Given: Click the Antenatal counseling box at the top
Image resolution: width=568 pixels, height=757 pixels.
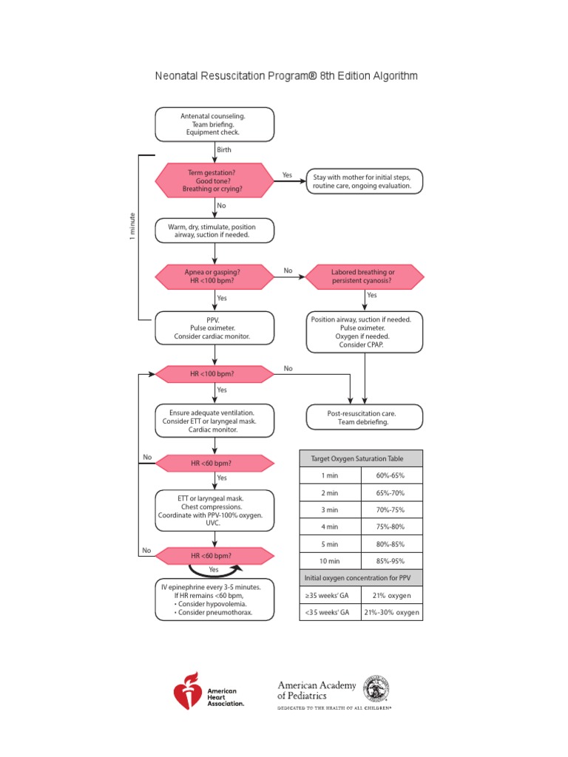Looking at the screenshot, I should tap(214, 124).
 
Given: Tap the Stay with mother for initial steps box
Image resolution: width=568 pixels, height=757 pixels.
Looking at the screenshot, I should tap(366, 181).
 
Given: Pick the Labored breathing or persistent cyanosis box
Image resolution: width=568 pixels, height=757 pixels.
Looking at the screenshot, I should tap(365, 277).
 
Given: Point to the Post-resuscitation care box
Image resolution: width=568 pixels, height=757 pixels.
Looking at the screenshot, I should tap(365, 417).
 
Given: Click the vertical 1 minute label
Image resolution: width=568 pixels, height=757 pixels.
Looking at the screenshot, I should tap(132, 226).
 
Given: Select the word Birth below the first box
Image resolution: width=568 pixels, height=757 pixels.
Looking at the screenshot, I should tap(224, 149).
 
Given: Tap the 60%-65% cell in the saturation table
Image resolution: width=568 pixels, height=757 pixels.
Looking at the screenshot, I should tap(391, 475).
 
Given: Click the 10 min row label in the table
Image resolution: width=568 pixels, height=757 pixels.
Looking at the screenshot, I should tap(329, 561).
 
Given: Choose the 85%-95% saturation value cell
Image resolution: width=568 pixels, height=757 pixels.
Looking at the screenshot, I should tap(391, 561).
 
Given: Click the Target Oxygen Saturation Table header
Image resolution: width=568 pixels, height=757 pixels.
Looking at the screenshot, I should tap(361, 458).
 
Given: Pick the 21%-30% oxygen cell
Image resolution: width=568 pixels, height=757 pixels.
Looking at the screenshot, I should tap(391, 612).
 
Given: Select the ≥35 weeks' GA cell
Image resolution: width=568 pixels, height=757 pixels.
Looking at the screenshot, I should tap(329, 595).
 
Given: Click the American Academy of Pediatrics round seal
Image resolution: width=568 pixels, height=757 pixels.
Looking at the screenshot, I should tap(376, 689).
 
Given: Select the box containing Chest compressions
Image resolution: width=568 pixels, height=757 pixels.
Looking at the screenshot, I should tap(214, 509).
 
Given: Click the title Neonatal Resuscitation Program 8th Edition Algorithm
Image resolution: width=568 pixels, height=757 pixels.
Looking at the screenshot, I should tap(286, 76).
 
